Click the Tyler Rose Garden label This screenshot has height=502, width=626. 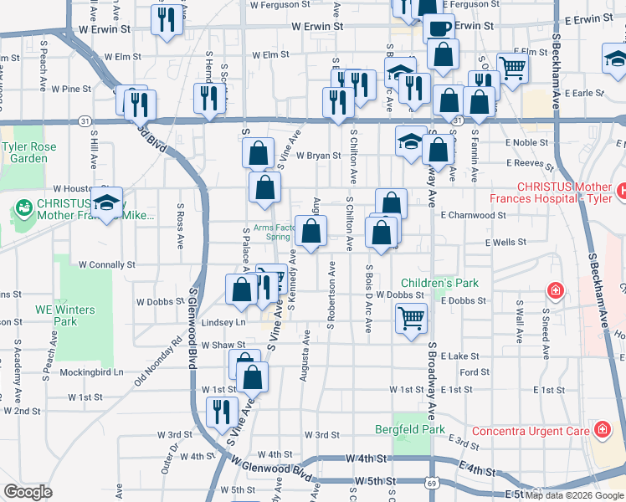(29, 152)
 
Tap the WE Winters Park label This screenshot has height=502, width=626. (64, 315)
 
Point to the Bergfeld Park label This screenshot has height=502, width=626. (422, 429)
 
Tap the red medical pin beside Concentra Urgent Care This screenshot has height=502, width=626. (602, 430)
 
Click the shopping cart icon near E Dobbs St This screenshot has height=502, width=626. (411, 318)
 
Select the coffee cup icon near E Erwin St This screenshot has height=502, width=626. (439, 28)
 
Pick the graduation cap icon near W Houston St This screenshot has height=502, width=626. (106, 202)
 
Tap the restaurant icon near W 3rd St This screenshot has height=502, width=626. (222, 411)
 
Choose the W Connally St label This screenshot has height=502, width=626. (106, 264)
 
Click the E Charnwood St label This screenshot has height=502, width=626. (474, 215)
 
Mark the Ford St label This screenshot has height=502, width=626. (475, 372)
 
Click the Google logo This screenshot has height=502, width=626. (28, 492)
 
